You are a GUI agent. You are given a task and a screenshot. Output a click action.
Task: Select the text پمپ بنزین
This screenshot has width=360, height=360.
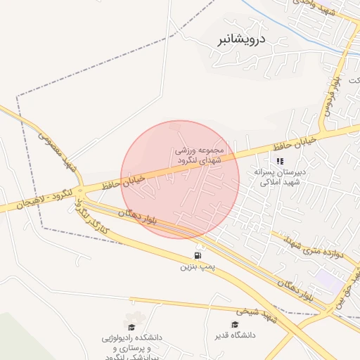(x=196, y=267)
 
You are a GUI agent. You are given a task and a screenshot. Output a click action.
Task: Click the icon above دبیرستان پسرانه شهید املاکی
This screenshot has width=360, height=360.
(x=280, y=161)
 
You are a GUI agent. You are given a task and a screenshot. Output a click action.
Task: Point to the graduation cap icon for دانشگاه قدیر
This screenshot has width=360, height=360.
(x=235, y=324)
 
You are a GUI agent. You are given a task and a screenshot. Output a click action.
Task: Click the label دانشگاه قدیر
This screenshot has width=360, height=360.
(x=235, y=335)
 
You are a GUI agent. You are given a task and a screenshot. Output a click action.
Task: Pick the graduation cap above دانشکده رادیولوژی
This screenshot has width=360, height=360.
(x=131, y=327)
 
